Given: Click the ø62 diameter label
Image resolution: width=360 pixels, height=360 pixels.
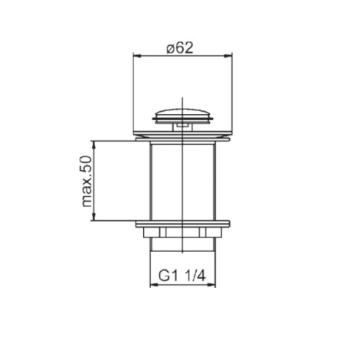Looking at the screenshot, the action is [180, 48].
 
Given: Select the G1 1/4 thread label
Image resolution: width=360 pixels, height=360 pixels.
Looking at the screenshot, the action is [182, 276].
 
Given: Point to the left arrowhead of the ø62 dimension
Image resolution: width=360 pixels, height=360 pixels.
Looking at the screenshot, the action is [137, 56].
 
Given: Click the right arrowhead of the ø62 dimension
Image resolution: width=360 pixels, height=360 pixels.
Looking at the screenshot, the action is [228, 56].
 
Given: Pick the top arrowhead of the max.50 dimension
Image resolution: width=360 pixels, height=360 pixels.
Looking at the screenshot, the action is [94, 145].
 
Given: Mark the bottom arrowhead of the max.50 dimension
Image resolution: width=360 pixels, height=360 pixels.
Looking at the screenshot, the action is [94, 216].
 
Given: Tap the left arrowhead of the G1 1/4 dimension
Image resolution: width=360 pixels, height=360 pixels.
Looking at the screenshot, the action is [154, 285].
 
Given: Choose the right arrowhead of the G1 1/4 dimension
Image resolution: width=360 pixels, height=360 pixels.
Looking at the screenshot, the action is [211, 285].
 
